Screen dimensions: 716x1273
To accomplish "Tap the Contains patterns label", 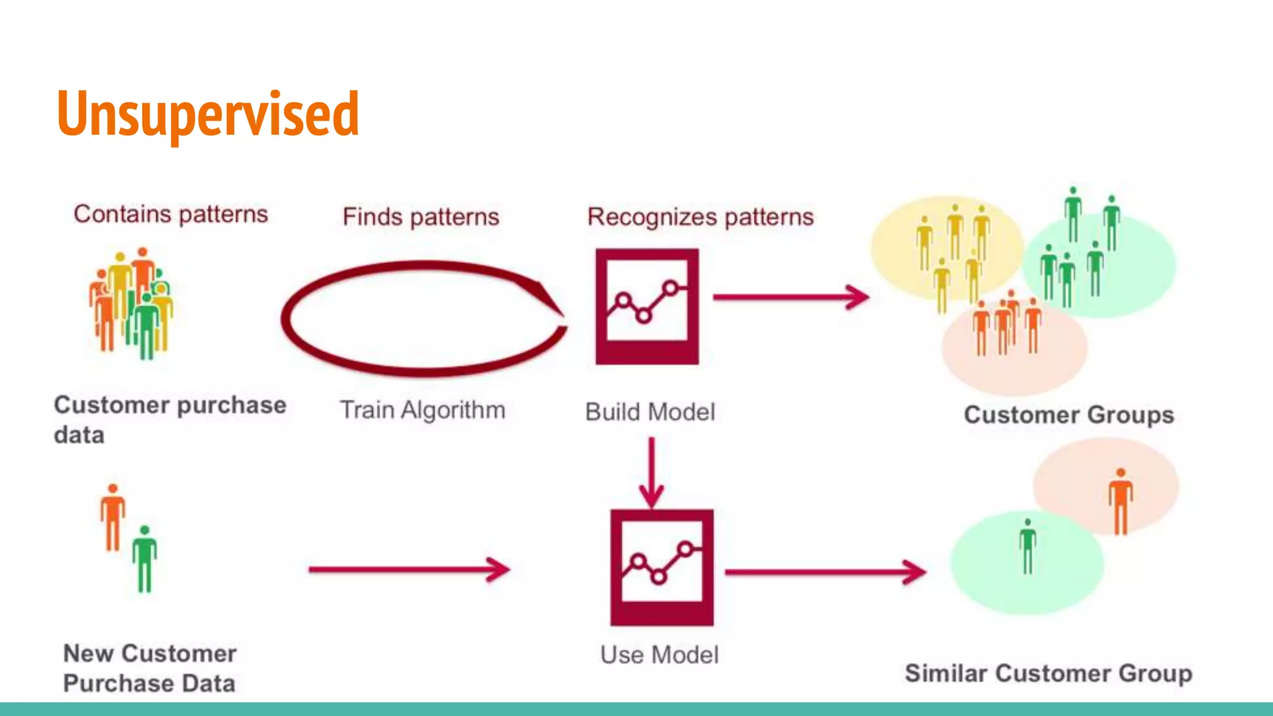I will [170, 214].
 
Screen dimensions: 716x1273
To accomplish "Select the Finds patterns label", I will [421, 217].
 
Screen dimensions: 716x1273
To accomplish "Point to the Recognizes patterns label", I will [701, 217].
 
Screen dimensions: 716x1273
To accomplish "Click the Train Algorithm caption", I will [422, 410].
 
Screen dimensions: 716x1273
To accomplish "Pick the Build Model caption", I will [650, 412].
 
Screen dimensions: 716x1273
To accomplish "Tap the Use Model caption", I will [659, 655].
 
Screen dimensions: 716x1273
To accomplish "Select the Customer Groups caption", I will [1068, 415].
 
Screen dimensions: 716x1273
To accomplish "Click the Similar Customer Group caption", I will [1048, 674].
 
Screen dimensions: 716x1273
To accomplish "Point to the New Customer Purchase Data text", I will [150, 668].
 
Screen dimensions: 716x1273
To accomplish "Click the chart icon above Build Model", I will [647, 306].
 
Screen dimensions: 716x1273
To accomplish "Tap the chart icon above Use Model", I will [661, 567].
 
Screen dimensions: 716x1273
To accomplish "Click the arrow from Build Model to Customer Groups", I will [791, 297].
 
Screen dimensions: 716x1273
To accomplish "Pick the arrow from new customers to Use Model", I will [409, 569].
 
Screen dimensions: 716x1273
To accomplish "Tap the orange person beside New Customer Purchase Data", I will [113, 518].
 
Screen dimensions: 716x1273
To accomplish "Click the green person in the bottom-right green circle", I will [1027, 547].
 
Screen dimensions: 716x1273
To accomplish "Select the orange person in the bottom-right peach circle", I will [1120, 502].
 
